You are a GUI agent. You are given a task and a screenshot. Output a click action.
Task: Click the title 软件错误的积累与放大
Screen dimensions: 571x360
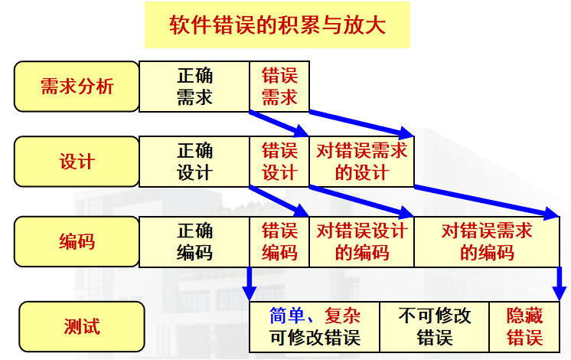pos(277,25)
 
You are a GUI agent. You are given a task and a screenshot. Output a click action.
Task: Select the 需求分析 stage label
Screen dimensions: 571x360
pos(77,86)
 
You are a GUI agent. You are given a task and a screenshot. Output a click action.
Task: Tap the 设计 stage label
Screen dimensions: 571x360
pos(77,162)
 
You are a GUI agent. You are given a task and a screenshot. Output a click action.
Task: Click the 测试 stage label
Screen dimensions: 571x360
pos(82,327)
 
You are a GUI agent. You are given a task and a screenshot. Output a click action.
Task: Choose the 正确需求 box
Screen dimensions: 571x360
pos(194,87)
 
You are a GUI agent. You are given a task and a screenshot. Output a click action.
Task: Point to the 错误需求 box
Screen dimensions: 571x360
pos(279,87)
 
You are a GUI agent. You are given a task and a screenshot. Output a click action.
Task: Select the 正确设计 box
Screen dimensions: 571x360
pos(194,162)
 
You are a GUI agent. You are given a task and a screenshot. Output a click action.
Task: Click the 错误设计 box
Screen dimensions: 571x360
pos(279,162)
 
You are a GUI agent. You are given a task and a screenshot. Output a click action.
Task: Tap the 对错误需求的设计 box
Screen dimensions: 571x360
pos(361,162)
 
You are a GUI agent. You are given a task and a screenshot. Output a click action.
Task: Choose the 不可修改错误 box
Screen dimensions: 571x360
pos(434,327)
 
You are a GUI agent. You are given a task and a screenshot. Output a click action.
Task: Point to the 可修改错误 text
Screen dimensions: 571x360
pos(314,338)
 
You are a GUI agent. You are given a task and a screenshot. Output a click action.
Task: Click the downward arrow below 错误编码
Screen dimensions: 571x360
pos(249,285)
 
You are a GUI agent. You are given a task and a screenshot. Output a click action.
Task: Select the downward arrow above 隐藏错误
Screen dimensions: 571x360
pos(559,285)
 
